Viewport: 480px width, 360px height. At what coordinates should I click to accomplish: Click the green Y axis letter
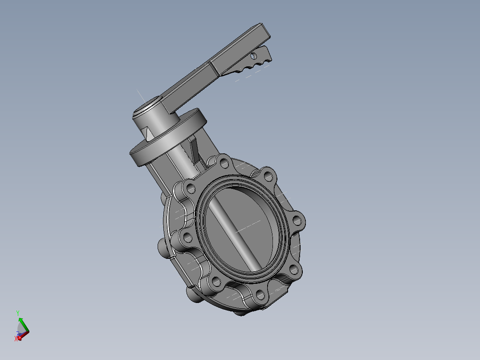tap(17, 313)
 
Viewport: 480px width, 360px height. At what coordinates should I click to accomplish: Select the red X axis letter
tap(16, 339)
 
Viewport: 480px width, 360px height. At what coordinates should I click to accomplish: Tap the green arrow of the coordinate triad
tap(20, 322)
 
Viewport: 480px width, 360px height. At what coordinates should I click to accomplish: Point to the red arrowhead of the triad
tap(20, 338)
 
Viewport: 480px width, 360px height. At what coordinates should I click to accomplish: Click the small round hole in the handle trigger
tap(254, 56)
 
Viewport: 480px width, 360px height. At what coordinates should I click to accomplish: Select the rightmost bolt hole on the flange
tap(297, 220)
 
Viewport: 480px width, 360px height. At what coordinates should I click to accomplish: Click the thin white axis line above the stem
tap(140, 95)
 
